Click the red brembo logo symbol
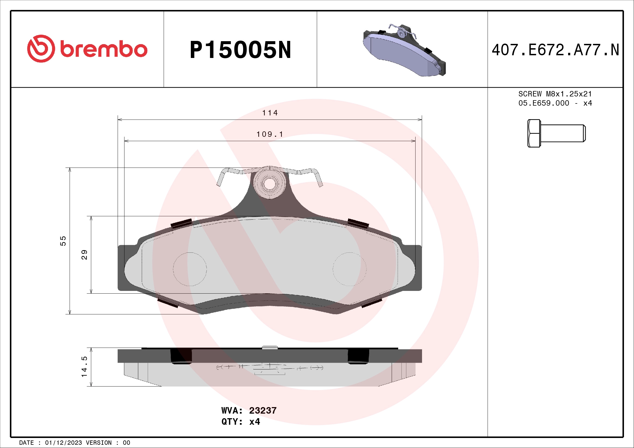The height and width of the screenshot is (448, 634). pos(41,48)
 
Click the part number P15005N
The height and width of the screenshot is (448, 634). pos(240,50)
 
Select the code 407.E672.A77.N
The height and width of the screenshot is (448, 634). pos(555,50)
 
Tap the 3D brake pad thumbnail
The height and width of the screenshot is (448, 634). pos(404,51)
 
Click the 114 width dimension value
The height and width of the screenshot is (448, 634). pos(270,113)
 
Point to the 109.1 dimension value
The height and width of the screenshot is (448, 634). pos(270,134)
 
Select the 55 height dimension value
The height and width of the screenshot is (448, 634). pos(63,241)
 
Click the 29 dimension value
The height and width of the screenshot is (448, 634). pos(84,254)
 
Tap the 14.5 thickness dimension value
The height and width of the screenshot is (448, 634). pos(84,367)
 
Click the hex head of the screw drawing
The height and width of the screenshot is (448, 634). pos(534,133)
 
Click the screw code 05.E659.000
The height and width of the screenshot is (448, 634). pos(543,103)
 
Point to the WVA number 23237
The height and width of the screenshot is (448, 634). pos(263,410)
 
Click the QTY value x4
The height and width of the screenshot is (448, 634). pos(254,422)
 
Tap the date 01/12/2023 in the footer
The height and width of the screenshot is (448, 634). pos(63,443)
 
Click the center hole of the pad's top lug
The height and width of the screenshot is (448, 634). pos(269,184)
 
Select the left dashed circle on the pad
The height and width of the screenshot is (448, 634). pos(190,269)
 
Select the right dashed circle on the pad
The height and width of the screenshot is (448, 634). pos(349,269)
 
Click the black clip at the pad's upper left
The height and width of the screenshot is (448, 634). pos(181,223)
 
